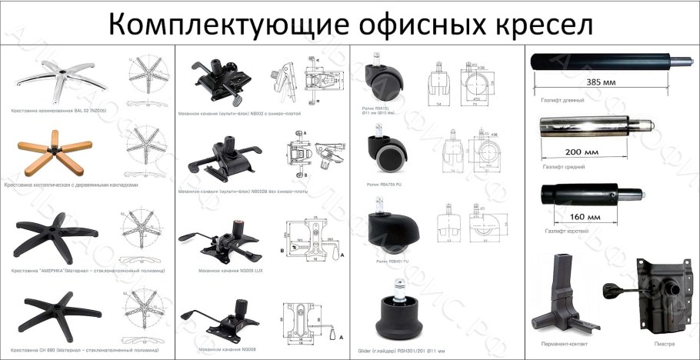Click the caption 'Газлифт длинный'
tap(563, 100)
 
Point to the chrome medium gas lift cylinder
tap(592, 126)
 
